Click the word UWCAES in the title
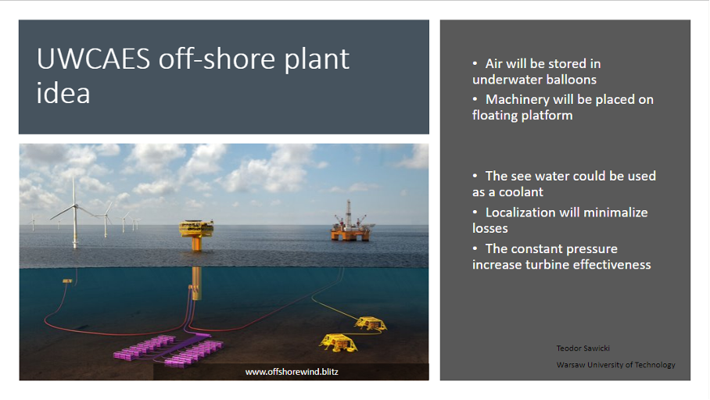[93, 59]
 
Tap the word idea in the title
[63, 93]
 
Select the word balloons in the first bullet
[568, 80]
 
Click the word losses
[490, 228]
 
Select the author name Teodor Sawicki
[583, 348]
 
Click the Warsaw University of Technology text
[616, 365]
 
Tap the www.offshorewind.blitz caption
[292, 372]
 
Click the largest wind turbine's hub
[75, 206]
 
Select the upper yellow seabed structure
[371, 323]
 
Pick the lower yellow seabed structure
[339, 342]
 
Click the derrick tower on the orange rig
[348, 212]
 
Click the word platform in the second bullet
[547, 116]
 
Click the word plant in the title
[317, 59]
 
